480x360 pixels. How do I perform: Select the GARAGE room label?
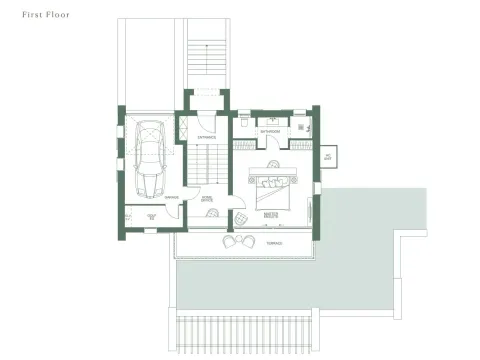[x=172, y=196]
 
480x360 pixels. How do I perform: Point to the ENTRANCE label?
[x=207, y=136]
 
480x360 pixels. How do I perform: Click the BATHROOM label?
[x=270, y=131]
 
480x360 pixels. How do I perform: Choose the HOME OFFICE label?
[x=207, y=200]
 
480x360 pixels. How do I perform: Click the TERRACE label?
[x=273, y=243]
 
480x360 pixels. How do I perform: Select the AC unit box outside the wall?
[x=328, y=157]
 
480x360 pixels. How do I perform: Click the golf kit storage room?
[x=152, y=217]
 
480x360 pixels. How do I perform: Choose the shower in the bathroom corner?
[x=308, y=125]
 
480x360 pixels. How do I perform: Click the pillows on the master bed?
[x=271, y=180]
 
